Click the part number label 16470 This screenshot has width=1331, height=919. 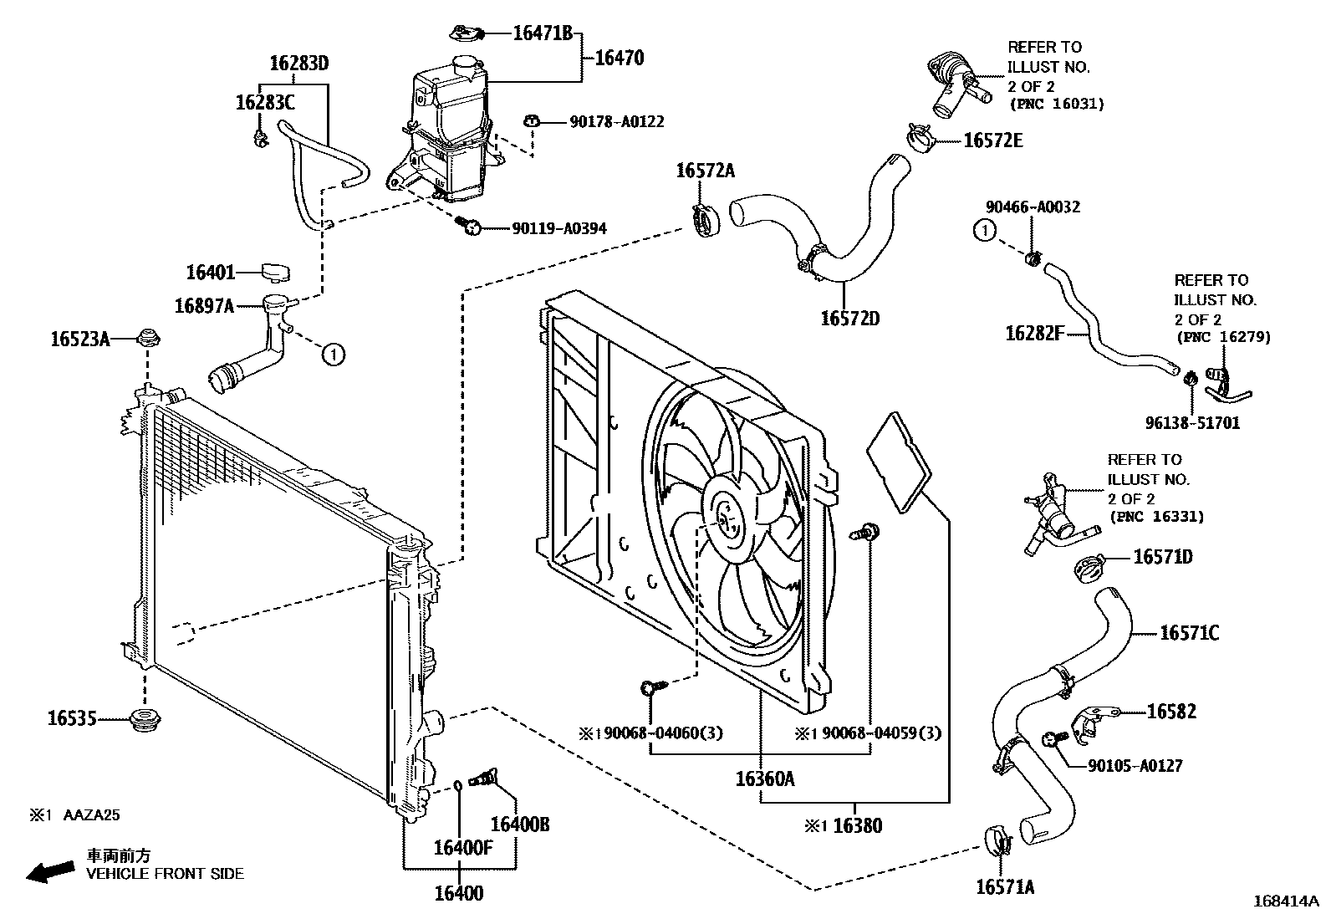pos(619,59)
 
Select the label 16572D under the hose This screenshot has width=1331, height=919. pos(849,319)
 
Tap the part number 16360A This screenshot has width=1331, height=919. pos(765,779)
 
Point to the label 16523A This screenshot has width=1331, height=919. pos(80,339)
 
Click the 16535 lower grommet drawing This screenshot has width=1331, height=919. pos(146,719)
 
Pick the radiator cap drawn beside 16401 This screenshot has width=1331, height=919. pos(274,272)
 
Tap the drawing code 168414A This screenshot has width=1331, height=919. pos(1285,901)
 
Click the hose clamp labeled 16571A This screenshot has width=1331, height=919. pos(997,839)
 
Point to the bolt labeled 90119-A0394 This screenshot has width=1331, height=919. pos(469,225)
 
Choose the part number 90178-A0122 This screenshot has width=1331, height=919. pos(617,122)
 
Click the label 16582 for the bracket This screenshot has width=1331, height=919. pos(1171,712)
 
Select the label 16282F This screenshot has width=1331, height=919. pos(1034,334)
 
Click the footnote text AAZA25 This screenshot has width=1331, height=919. pos(93,814)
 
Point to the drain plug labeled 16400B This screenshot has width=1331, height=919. pos(484,778)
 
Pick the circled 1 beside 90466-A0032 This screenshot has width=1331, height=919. pos(986,230)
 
